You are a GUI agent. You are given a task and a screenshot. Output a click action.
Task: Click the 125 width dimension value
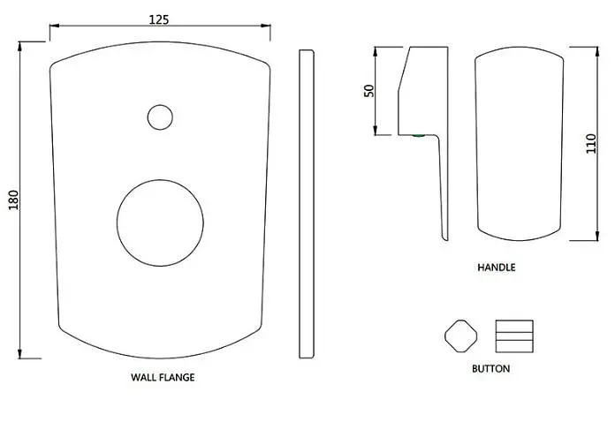coord(159,19)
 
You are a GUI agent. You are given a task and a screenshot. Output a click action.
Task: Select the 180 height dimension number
coord(14,200)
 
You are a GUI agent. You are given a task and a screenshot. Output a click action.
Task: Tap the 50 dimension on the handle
coord(369,91)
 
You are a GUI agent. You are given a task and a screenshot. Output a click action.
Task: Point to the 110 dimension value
coord(591,143)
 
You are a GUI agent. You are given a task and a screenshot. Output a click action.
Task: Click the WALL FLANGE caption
coord(163,377)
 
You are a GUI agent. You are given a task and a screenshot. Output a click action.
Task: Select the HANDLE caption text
coord(497,268)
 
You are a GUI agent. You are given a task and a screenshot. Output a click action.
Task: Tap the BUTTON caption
coord(491,369)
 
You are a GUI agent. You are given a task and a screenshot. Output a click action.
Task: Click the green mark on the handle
coord(419,136)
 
